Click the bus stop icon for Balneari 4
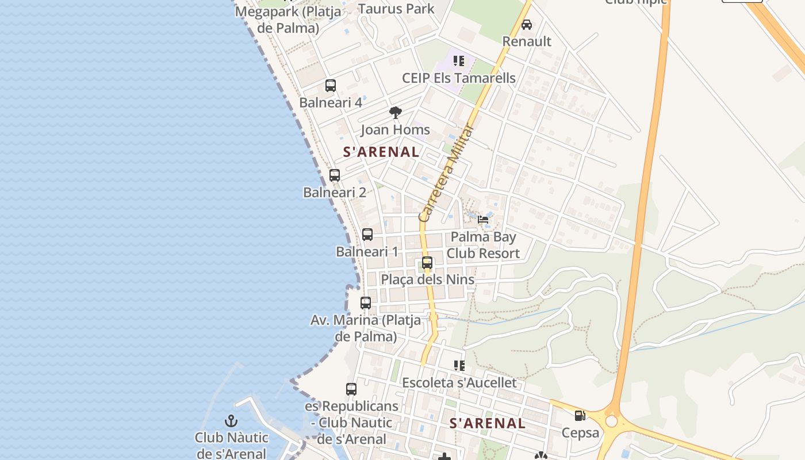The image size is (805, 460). pos(331,86)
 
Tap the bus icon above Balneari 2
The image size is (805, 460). pos(335,175)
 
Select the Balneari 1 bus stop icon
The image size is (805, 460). pos(367,235)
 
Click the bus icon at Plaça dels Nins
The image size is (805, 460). pos(427,263)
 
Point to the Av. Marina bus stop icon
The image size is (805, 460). pos(366,302)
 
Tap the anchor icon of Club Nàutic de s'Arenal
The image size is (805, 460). pos(231,421)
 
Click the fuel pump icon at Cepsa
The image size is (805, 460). pos(580,416)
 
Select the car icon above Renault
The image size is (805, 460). pos(527,25)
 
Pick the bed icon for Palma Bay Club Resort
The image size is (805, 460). pos(483,220)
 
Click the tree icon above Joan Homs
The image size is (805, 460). pos(395,113)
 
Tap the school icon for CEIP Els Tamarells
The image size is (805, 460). pos(458,61)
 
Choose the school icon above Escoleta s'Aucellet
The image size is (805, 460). pos(459,366)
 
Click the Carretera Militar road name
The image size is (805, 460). pos(446,173)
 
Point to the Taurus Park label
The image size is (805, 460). pos(396,9)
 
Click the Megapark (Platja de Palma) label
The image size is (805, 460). pos(287,19)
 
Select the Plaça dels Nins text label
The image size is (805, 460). pos(428,279)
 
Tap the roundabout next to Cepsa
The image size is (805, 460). pos(611,421)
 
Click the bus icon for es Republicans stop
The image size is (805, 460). pos(351,389)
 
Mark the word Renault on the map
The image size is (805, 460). pos(527,41)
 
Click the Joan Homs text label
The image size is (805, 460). pos(395,130)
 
